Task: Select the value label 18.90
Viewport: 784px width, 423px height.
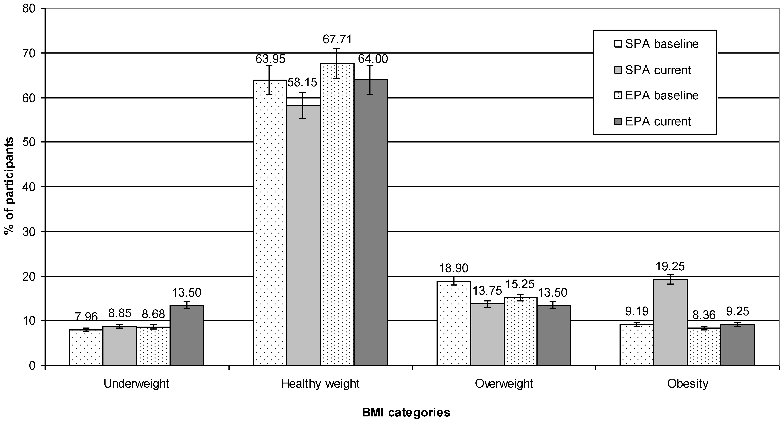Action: point(454,268)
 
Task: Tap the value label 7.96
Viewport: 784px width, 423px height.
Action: point(86,317)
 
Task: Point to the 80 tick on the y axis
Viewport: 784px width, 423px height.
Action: point(30,9)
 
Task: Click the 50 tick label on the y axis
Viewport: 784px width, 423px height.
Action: point(30,142)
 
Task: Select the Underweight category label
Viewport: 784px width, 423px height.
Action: point(136,384)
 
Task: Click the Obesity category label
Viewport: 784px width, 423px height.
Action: point(687,384)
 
